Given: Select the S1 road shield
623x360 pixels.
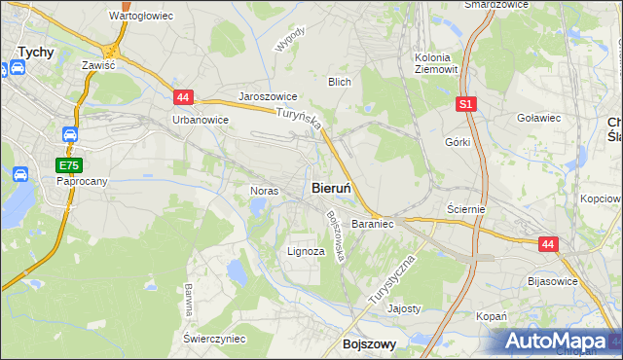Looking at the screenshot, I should click(466, 102).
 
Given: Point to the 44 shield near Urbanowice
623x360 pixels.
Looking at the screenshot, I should click(183, 96).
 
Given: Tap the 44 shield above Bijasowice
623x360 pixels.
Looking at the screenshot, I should click(548, 245).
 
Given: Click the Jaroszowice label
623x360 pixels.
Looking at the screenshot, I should click(268, 99).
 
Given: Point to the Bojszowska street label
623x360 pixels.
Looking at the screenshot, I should click(337, 236).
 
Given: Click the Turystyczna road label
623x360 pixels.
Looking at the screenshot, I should click(393, 281).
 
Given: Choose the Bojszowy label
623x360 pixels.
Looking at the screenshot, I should click(369, 343).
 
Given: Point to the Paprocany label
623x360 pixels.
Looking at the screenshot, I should click(82, 181).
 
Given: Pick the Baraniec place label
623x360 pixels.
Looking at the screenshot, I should click(372, 224).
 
